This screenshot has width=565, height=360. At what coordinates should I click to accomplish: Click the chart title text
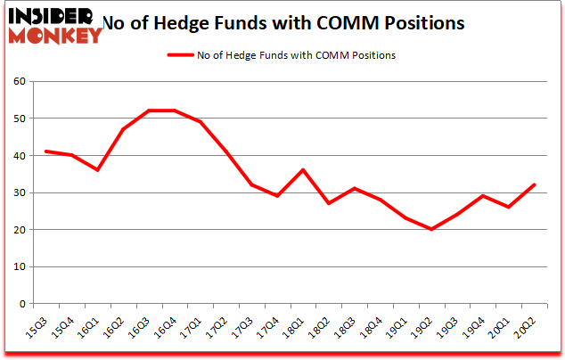coord(283,24)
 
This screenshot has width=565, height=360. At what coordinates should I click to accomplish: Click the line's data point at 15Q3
coord(46,151)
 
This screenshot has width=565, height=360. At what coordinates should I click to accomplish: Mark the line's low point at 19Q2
coord(432,229)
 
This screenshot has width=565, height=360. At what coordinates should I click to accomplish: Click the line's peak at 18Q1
coord(304,170)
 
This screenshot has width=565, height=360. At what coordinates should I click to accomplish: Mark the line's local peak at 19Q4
coord(484,196)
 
